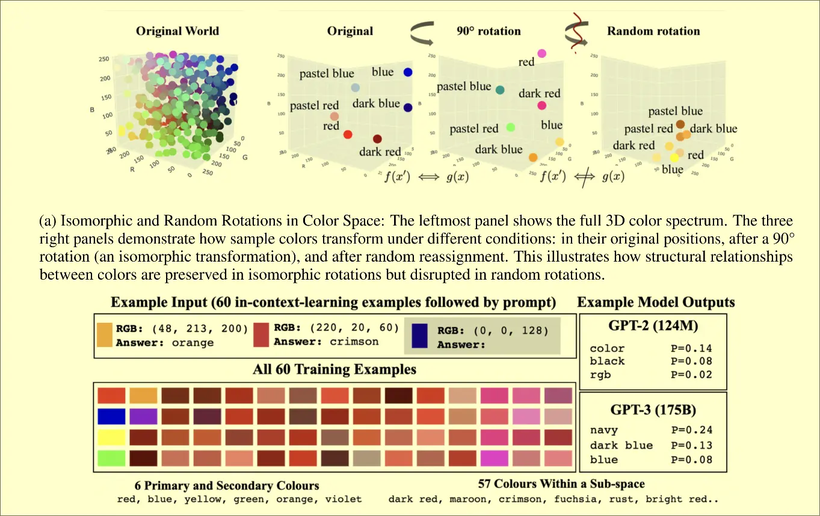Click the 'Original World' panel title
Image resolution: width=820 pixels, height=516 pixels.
tap(177, 31)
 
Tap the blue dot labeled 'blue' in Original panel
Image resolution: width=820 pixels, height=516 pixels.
tap(408, 72)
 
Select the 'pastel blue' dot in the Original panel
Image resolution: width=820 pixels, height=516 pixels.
tap(355, 88)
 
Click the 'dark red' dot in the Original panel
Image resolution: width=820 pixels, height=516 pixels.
tap(377, 139)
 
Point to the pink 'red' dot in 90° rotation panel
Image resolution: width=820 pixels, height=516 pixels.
tap(541, 54)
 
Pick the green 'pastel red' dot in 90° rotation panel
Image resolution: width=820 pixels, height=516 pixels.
tap(511, 127)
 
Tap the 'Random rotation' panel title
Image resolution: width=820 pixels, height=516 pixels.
tap(653, 31)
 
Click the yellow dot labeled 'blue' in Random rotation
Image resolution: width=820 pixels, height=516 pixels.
tap(674, 158)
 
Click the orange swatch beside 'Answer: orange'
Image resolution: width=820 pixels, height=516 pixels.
tap(104, 335)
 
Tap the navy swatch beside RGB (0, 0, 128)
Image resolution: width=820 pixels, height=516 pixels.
tap(419, 336)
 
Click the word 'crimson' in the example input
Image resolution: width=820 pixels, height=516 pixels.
tap(354, 342)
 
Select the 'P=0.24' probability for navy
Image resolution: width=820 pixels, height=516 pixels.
tap(691, 430)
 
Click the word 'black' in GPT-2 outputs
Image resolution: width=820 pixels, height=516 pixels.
tap(607, 361)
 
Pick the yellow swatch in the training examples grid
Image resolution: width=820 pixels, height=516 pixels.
tap(111, 436)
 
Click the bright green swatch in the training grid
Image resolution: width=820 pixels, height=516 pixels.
tap(111, 458)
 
